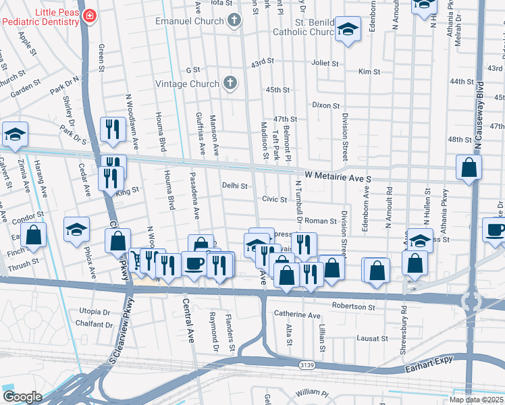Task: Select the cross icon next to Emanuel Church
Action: pyautogui.click(x=234, y=20)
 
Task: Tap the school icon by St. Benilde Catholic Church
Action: pyautogui.click(x=348, y=30)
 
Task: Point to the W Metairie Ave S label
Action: pyautogui.click(x=338, y=176)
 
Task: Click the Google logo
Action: pyautogui.click(x=22, y=397)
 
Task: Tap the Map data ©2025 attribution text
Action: pyautogui.click(x=477, y=400)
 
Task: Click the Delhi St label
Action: pyautogui.click(x=236, y=185)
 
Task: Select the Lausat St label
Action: pyautogui.click(x=373, y=338)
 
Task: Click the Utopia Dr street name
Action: pyautogui.click(x=95, y=312)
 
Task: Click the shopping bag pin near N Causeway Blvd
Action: pyautogui.click(x=469, y=168)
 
